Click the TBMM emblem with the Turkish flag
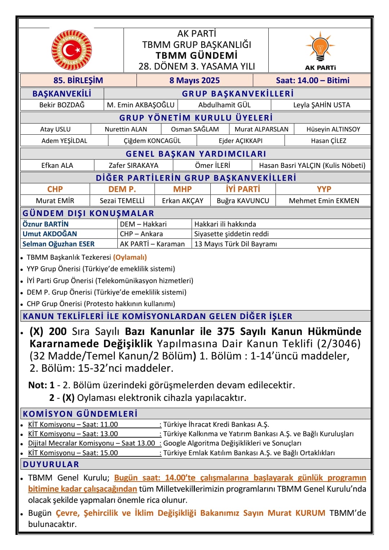[71, 50]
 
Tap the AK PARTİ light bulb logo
[320, 47]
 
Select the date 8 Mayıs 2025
[194, 80]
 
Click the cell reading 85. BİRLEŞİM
[78, 80]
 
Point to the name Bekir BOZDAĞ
[62, 105]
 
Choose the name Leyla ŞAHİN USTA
[321, 105]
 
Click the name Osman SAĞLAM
[195, 129]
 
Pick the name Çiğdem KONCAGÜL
[152, 140]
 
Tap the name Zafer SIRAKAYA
[134, 165]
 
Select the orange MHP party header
[182, 189]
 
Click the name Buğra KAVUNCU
[243, 201]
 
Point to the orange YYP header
[324, 189]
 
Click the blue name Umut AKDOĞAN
[50, 234]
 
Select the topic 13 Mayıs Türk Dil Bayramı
[236, 244]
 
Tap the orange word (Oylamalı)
[130, 257]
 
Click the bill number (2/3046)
[339, 343]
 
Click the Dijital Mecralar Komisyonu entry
[91, 443]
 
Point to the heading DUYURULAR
[51, 464]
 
